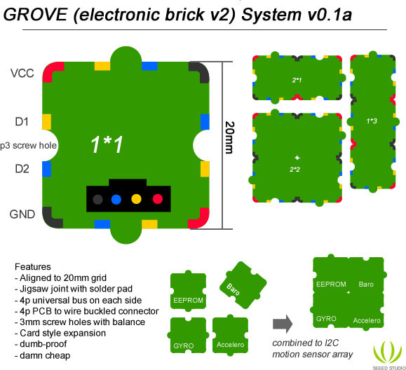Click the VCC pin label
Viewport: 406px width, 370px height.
[22, 73]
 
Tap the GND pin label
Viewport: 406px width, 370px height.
[22, 214]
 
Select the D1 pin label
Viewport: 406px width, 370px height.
[22, 122]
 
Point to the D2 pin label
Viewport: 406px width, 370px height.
[22, 169]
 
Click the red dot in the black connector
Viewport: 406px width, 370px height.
[158, 199]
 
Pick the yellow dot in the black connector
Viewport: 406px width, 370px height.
[137, 199]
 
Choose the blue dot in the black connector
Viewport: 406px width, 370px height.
[116, 199]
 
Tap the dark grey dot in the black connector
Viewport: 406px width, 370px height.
[97, 199]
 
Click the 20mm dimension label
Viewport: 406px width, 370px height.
[229, 137]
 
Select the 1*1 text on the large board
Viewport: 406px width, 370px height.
[107, 144]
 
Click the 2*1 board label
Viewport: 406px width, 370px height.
[297, 80]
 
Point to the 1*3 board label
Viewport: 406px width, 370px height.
[372, 121]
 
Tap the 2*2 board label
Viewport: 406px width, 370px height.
[295, 170]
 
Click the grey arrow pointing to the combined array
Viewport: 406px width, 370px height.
[283, 324]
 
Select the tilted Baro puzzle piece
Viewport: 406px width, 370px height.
[243, 285]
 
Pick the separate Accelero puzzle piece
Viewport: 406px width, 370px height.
[230, 335]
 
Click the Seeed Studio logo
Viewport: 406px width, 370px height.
[388, 355]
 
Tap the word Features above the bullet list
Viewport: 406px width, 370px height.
[33, 267]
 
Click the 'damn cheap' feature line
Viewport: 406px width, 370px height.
[43, 355]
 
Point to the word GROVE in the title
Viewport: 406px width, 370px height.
[36, 15]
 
